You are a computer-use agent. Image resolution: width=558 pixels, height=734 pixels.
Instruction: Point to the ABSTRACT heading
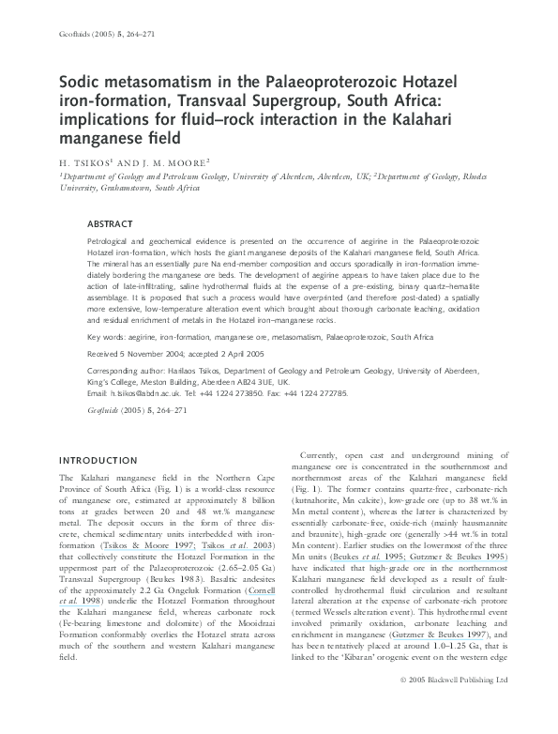point(109,224)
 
